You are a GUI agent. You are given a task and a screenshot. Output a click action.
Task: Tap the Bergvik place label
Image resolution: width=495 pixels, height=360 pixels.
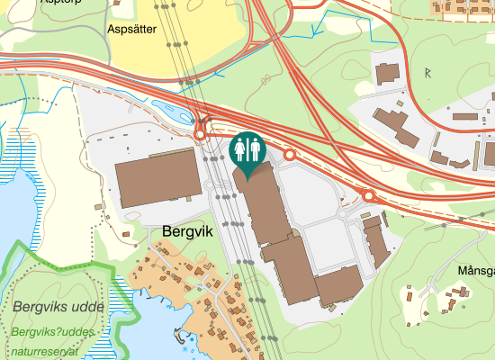pyautogui.click(x=186, y=231)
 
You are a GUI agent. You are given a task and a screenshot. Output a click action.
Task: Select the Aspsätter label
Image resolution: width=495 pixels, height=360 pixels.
pyautogui.click(x=132, y=30)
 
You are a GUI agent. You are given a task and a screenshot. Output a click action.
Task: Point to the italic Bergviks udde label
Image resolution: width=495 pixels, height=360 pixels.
pyautogui.click(x=58, y=307)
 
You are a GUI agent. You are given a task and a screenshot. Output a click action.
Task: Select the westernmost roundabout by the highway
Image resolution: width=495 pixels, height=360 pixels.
pyautogui.click(x=200, y=135)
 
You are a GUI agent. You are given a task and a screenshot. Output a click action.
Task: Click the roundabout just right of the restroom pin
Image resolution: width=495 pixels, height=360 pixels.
pyautogui.click(x=290, y=155)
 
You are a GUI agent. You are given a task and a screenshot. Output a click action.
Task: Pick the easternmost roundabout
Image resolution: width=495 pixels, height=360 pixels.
pyautogui.click(x=369, y=194)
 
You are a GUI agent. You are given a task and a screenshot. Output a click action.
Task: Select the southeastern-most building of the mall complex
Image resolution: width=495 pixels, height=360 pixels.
pyautogui.click(x=338, y=285)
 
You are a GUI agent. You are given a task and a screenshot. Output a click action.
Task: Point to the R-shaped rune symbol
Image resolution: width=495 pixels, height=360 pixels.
pyautogui.click(x=428, y=71)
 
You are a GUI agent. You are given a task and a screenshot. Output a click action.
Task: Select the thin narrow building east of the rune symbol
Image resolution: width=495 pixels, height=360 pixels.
pyautogui.click(x=464, y=116)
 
